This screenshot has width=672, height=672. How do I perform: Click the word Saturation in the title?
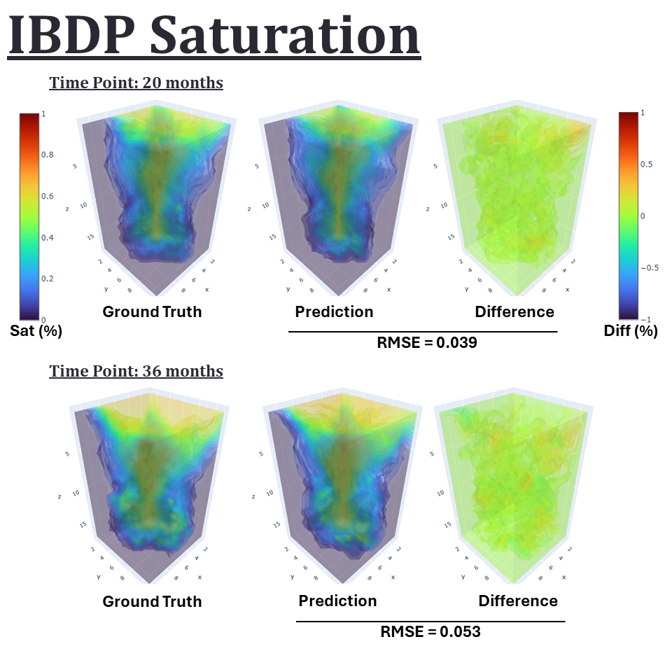click(x=284, y=36)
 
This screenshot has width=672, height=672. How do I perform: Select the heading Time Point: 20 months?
click(x=136, y=83)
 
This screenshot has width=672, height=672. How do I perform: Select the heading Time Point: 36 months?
click(x=136, y=371)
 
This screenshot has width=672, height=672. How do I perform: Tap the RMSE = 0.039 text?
click(x=427, y=343)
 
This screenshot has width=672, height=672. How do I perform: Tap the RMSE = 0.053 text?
click(x=430, y=631)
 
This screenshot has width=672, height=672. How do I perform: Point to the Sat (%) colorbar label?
click(x=36, y=331)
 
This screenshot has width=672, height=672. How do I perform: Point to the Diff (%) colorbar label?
click(x=630, y=331)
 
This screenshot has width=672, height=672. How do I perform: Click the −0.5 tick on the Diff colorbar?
click(x=650, y=267)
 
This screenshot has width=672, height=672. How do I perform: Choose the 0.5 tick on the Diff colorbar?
click(x=648, y=164)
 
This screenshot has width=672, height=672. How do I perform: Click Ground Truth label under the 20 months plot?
click(x=152, y=311)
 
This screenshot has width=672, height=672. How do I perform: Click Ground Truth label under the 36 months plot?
click(x=152, y=601)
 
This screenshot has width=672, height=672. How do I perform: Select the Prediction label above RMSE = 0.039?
click(x=334, y=311)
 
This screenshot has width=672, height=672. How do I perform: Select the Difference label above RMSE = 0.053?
click(x=518, y=601)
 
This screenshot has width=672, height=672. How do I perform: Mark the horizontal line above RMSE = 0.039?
click(x=423, y=331)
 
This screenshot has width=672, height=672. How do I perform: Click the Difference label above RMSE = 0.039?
click(x=514, y=311)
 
